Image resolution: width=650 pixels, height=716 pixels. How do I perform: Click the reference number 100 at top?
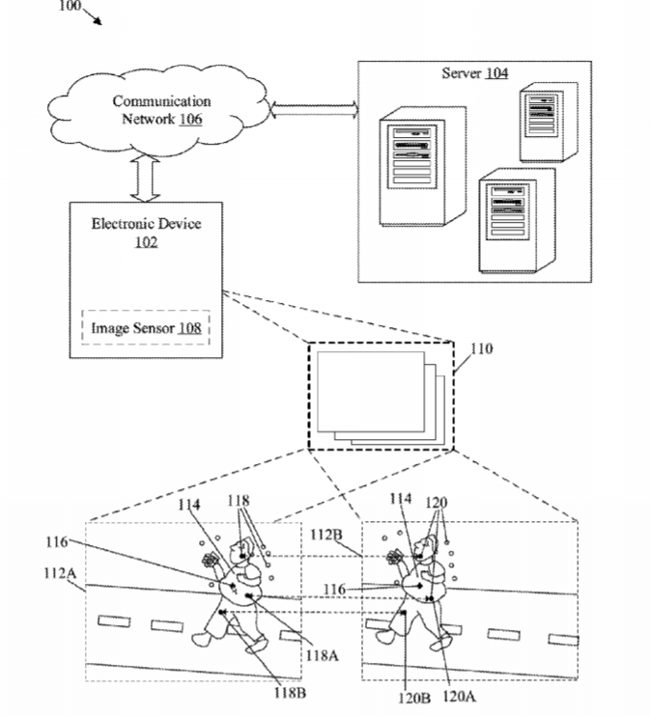71,5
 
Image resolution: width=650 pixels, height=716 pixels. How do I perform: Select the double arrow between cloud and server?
315,109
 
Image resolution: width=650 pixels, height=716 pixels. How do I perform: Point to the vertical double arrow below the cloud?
146,178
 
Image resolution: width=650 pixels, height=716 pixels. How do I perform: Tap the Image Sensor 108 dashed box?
146,329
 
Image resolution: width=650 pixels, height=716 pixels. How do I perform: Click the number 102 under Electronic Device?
146,242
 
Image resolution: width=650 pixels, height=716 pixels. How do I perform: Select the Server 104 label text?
474,73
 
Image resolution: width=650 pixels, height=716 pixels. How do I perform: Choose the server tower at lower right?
518,220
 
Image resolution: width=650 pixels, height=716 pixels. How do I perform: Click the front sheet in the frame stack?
368,392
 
